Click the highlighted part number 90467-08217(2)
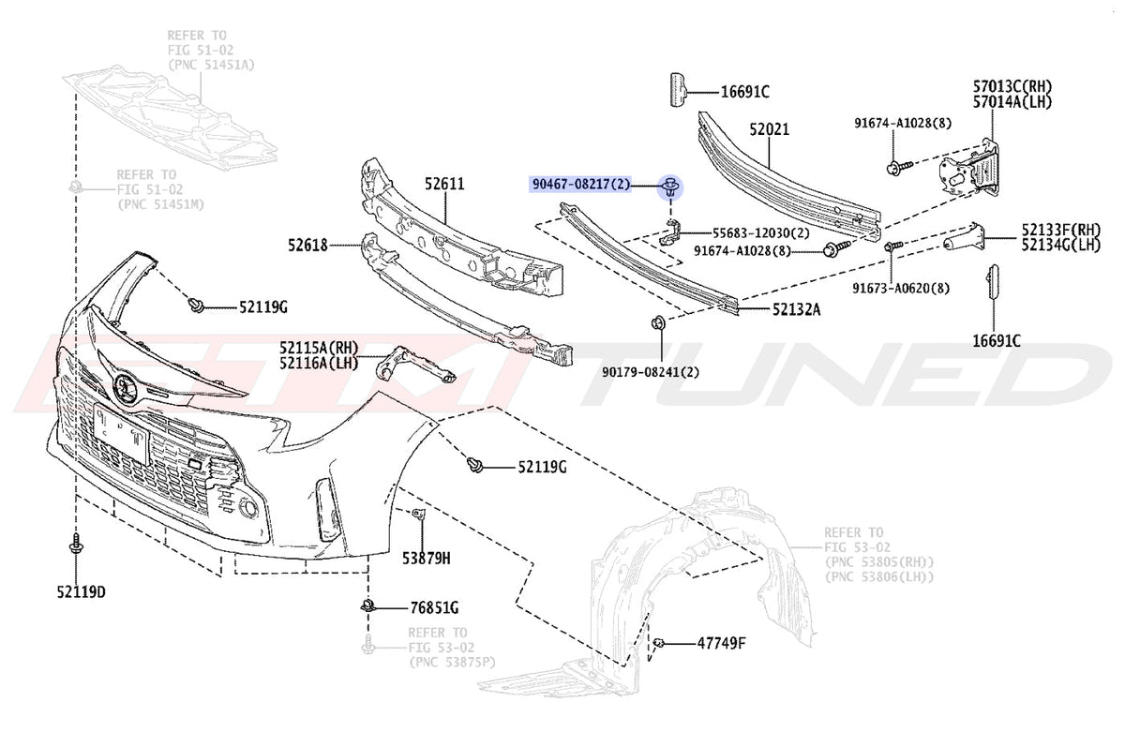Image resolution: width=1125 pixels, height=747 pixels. click(580, 185)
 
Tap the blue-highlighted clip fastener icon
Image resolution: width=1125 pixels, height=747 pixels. click(671, 187)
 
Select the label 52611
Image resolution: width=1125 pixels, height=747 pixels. click(444, 185)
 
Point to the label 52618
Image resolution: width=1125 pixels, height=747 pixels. click(307, 246)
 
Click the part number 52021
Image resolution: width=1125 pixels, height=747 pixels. click(769, 129)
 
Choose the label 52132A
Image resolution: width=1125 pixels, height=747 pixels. click(796, 309)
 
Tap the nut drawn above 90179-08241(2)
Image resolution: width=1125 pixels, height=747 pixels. click(658, 322)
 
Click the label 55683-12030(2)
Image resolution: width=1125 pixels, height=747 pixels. click(761, 233)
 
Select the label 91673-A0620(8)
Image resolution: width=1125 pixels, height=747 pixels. click(901, 289)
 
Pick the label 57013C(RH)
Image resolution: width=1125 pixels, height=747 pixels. click(1012, 86)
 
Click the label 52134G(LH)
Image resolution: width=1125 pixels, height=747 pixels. click(1060, 246)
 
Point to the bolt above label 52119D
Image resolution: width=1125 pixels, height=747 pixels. click(76, 545)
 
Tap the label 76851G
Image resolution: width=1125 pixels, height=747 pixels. click(434, 608)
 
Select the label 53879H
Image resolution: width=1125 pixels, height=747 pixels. click(426, 559)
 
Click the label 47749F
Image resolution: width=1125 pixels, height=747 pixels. click(721, 643)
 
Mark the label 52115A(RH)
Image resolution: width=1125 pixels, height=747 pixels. click(319, 348)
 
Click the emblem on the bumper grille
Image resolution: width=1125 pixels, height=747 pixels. click(123, 387)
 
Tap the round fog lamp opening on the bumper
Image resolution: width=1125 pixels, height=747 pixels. click(247, 508)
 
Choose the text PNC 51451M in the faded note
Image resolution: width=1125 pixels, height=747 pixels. click(160, 205)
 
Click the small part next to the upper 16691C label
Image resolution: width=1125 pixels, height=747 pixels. click(678, 89)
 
